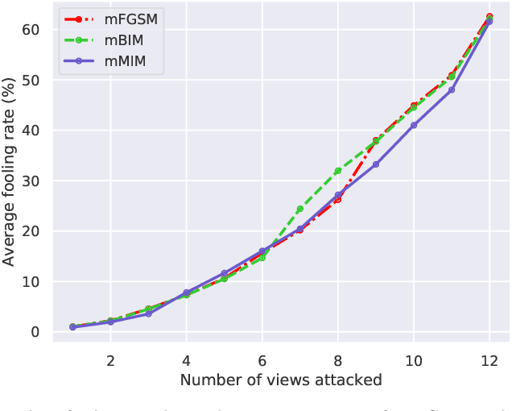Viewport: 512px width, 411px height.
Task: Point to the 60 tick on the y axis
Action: pyautogui.click(x=31, y=30)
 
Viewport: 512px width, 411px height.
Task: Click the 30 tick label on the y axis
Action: pyautogui.click(x=31, y=181)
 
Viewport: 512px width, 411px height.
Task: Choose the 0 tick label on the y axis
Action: pyautogui.click(x=35, y=332)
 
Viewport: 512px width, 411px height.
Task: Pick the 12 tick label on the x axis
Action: pyautogui.click(x=489, y=360)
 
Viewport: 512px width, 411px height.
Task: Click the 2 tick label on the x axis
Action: pyautogui.click(x=110, y=360)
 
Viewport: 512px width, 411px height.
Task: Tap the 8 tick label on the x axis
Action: pyautogui.click(x=338, y=360)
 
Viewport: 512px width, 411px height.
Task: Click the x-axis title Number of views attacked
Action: pyautogui.click(x=280, y=380)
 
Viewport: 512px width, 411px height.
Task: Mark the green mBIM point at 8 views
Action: pyautogui.click(x=338, y=171)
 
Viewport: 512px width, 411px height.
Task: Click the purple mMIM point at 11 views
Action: pyautogui.click(x=452, y=89)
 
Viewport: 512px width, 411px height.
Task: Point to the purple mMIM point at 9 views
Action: pyautogui.click(x=376, y=164)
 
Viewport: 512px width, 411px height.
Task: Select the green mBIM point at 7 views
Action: pyautogui.click(x=300, y=209)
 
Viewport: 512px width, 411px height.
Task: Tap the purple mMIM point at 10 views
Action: pyautogui.click(x=414, y=125)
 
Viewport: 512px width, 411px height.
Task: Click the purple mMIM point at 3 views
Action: pyautogui.click(x=148, y=313)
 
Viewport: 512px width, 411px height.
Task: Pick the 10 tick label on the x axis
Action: pyautogui.click(x=414, y=360)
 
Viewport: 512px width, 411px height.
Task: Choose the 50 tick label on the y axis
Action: pyautogui.click(x=31, y=80)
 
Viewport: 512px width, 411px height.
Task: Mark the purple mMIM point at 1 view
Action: pyautogui.click(x=72, y=327)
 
